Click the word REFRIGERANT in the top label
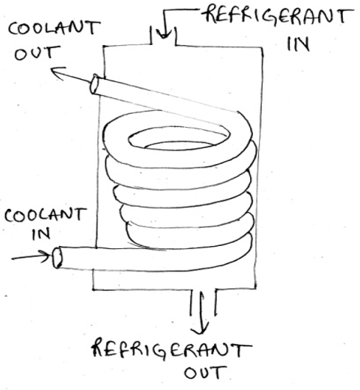278,16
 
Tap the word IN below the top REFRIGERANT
298,44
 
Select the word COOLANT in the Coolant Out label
54,27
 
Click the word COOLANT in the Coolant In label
46,215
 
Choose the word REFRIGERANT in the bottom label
171,348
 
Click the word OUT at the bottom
205,372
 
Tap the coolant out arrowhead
57,72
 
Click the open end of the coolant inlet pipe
57,258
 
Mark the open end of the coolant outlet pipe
94,84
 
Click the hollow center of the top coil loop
179,139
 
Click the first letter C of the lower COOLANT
10,216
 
